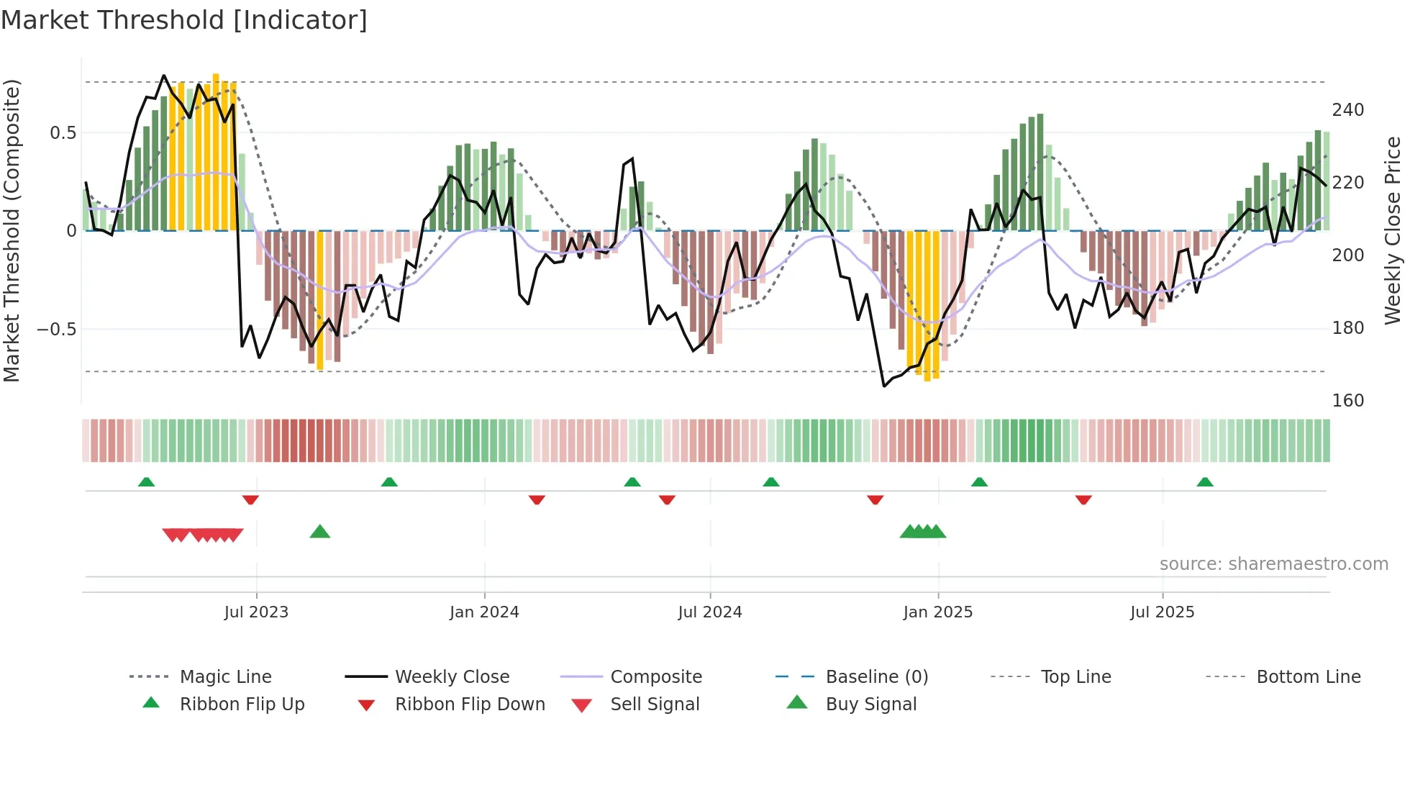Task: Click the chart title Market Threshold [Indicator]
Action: [x=184, y=20]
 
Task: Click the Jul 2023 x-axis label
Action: [x=256, y=612]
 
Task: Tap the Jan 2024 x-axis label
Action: [x=484, y=612]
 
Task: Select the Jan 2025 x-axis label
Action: [x=937, y=612]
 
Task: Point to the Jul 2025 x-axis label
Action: [x=1162, y=612]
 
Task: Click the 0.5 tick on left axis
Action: [x=63, y=133]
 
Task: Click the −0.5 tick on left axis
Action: [x=57, y=330]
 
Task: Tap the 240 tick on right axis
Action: [x=1347, y=110]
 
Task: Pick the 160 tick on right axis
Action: [x=1347, y=401]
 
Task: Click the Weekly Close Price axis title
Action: [x=1393, y=230]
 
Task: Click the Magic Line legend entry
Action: [x=225, y=677]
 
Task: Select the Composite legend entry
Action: [x=655, y=677]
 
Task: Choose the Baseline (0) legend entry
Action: [x=876, y=677]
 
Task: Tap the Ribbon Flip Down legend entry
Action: [x=469, y=704]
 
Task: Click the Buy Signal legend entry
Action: [x=870, y=704]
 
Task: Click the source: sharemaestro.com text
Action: [x=1273, y=564]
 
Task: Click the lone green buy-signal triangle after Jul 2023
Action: [x=320, y=532]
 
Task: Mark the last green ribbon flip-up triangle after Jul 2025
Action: [x=1205, y=481]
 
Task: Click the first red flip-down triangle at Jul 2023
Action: [x=250, y=499]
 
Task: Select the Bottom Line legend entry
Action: [x=1308, y=677]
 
